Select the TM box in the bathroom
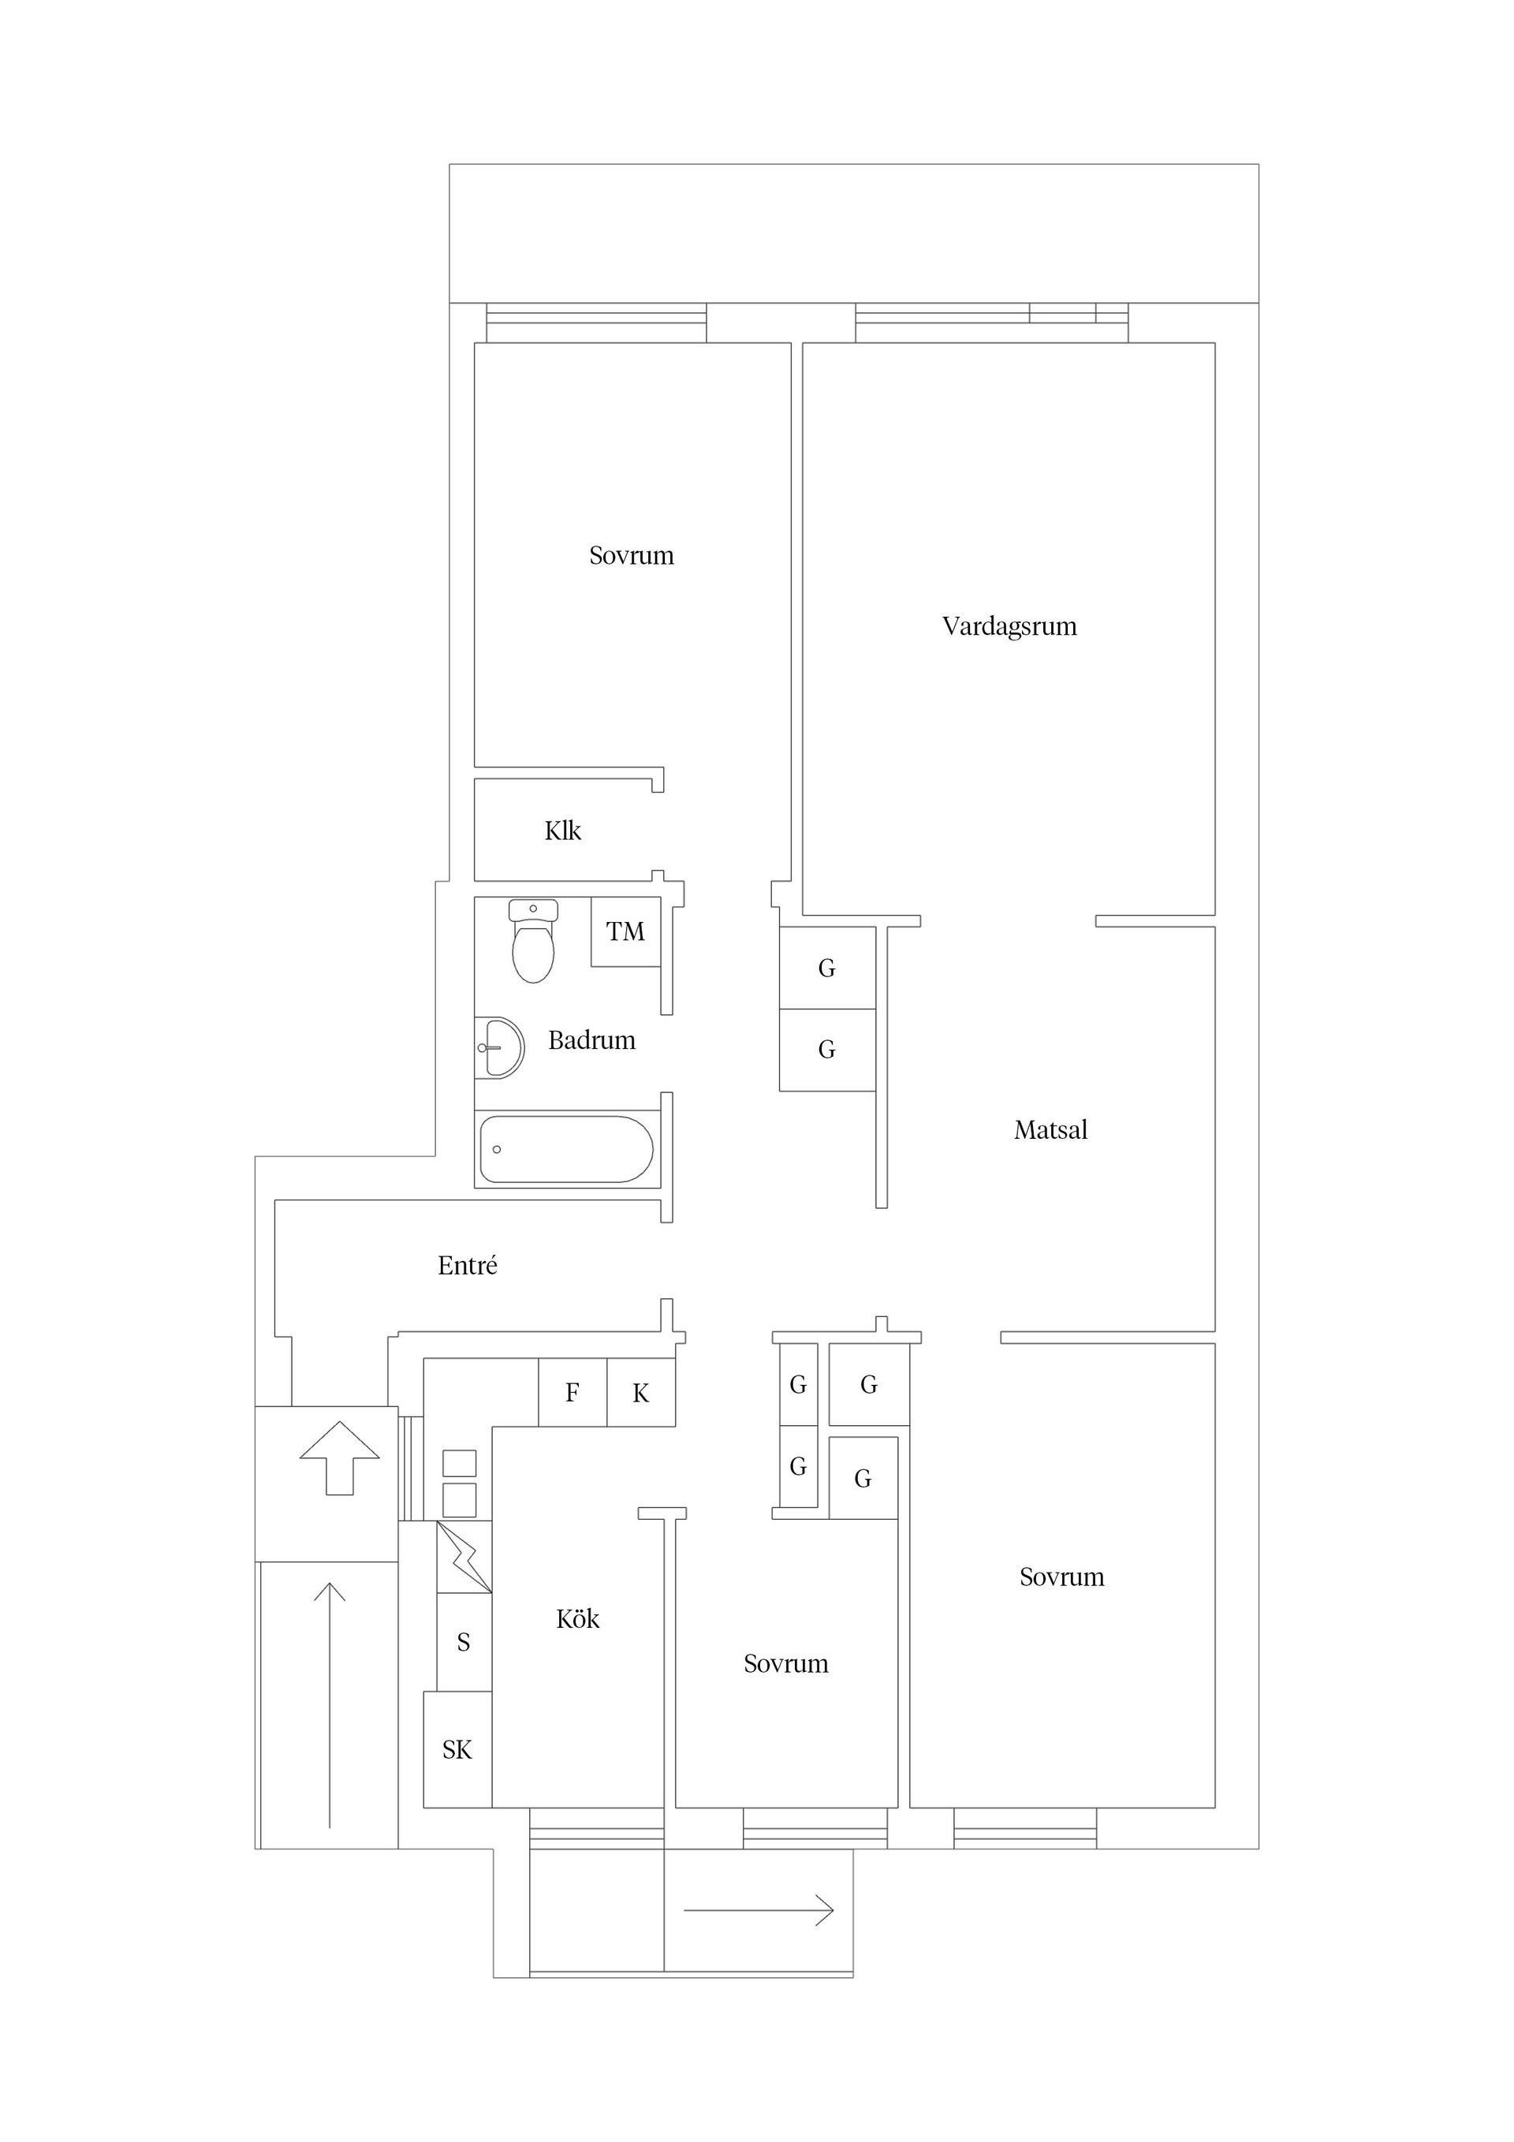coord(625,931)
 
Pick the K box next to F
coord(640,1394)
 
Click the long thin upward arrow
coord(330,1704)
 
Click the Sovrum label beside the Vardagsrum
coord(631,556)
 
